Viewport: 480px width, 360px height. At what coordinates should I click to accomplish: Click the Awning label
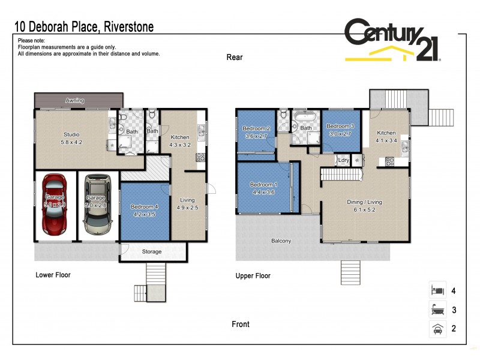75,100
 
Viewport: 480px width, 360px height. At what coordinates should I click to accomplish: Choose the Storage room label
152,251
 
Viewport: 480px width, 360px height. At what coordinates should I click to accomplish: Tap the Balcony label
281,241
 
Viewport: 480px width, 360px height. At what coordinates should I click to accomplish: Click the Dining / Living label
364,206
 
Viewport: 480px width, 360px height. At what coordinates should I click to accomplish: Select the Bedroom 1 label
263,188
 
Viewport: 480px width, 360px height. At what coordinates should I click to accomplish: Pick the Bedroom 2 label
256,133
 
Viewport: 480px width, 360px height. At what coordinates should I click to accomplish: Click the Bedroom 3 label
341,130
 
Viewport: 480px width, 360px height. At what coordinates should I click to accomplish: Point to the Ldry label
344,160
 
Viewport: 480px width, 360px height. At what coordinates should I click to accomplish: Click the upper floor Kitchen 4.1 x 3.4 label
386,137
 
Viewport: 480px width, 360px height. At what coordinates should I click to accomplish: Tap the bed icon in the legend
437,291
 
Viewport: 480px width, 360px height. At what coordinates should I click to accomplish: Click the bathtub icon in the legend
437,310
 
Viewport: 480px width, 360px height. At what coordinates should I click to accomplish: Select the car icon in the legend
437,328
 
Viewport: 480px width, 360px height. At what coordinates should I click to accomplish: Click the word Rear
234,58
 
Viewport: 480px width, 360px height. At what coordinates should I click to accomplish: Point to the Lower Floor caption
53,275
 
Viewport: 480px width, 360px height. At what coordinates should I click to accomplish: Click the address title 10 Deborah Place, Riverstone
85,26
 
